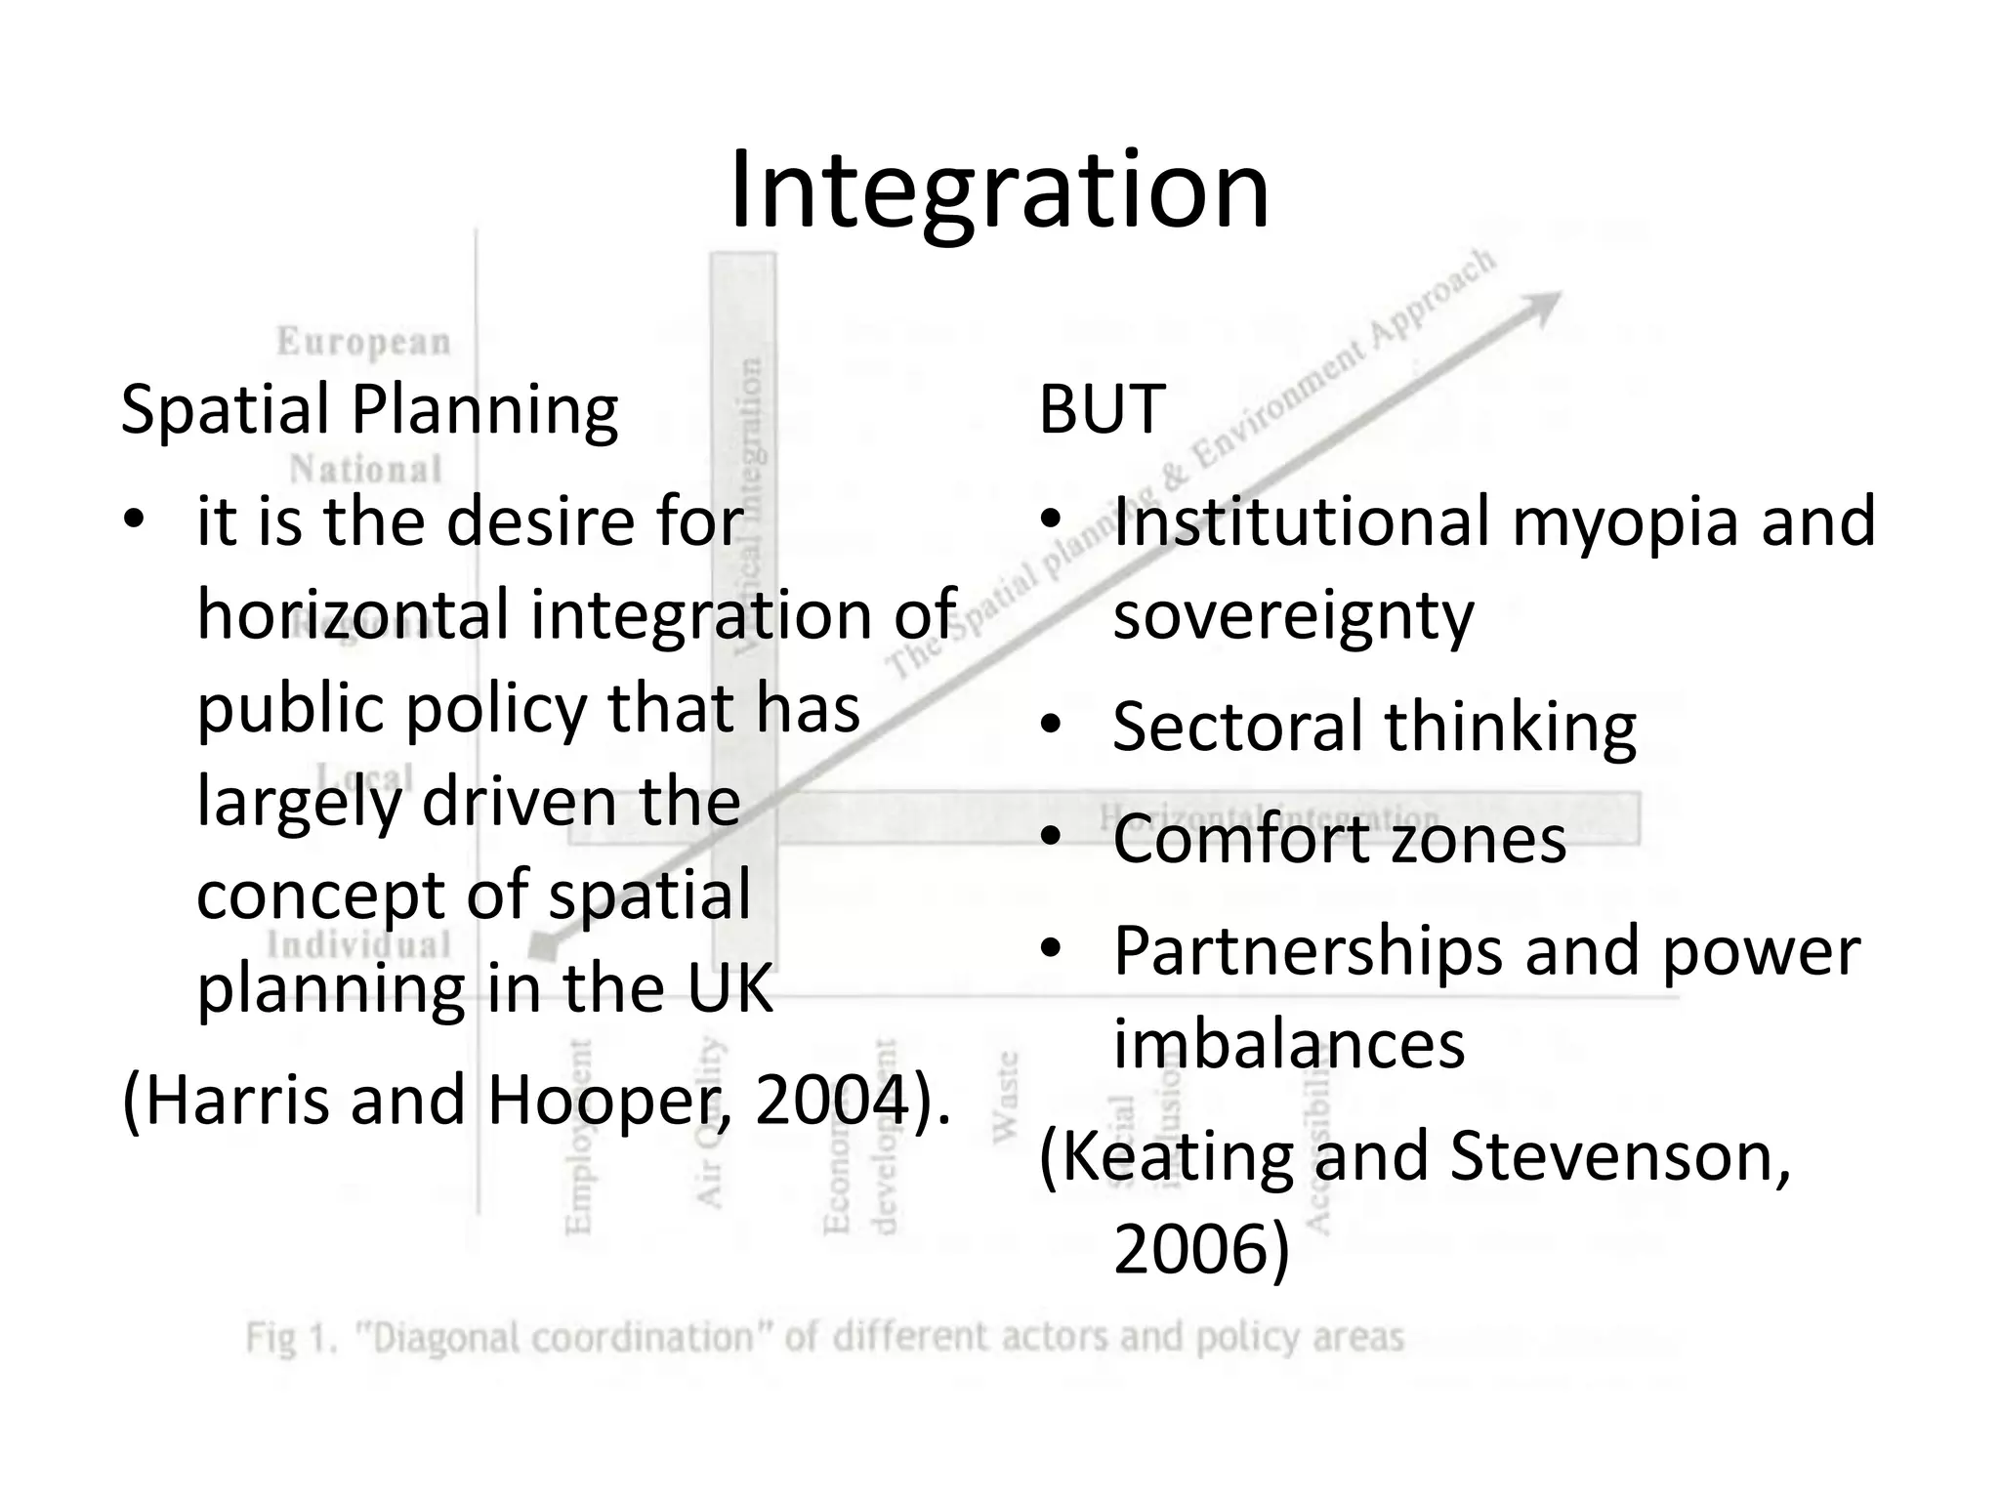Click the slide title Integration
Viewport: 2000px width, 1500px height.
pos(999,189)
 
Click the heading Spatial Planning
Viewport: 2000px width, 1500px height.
pos(369,410)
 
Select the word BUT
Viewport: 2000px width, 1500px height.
pos(1102,410)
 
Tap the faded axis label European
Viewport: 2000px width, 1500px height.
pos(363,342)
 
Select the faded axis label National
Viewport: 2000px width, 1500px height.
pos(365,470)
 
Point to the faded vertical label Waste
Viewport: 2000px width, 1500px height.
pos(1006,1097)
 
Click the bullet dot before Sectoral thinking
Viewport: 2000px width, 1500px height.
pos(1051,726)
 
